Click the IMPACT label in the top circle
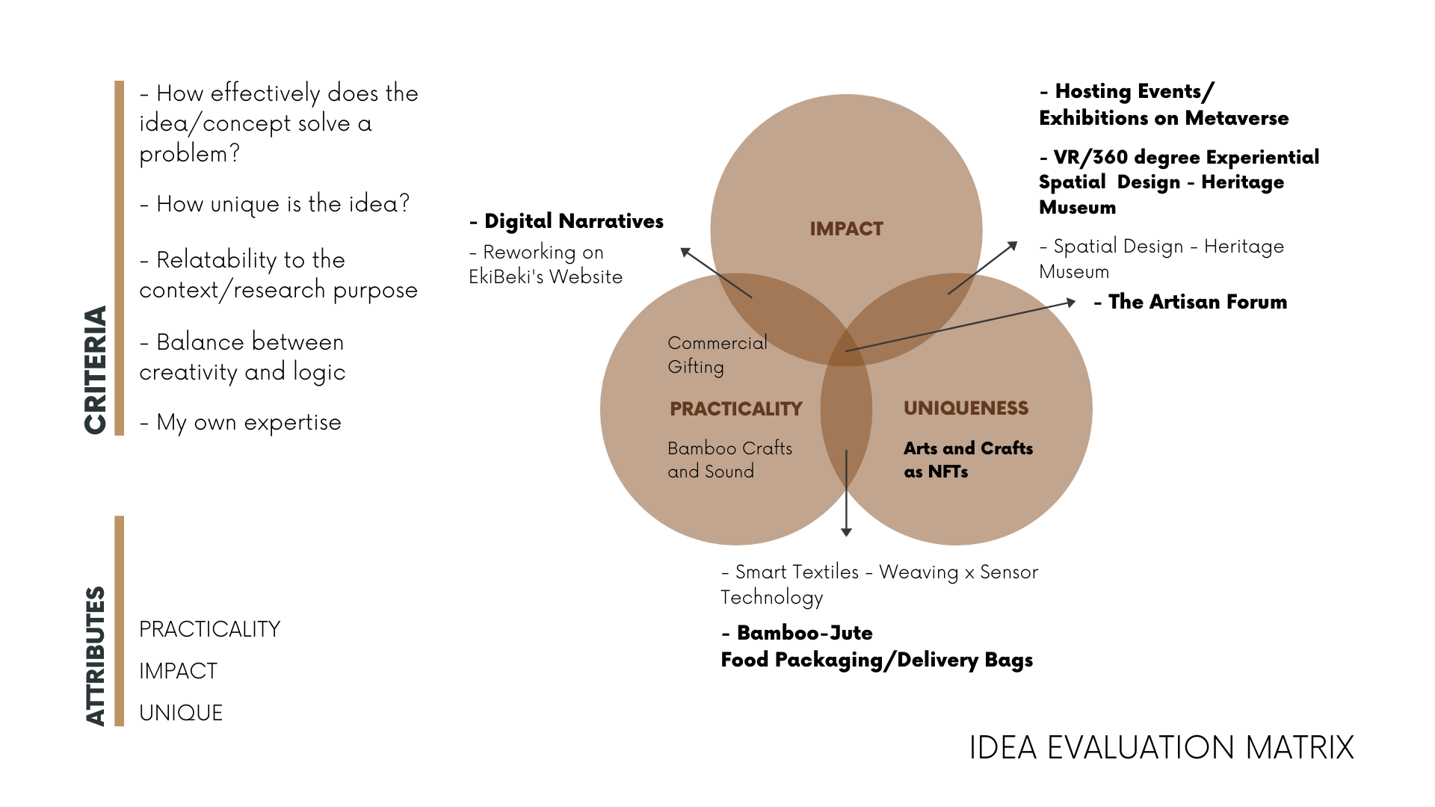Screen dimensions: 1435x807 click(846, 229)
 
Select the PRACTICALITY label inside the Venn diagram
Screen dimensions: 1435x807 click(735, 409)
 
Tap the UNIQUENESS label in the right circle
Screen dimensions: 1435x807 click(966, 408)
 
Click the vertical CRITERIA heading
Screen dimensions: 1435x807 click(96, 370)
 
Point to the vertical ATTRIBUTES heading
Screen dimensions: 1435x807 click(96, 656)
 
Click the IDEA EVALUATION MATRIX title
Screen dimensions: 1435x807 click(1161, 747)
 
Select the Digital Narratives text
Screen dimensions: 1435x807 click(567, 221)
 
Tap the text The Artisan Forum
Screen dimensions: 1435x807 click(1190, 302)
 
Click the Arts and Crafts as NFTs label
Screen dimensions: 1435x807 click(968, 460)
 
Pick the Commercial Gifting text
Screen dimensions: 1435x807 click(717, 354)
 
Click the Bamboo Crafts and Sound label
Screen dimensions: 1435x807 click(729, 460)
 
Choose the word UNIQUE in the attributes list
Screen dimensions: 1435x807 click(181, 713)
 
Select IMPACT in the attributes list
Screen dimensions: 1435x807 click(178, 671)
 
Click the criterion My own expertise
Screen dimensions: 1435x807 click(241, 422)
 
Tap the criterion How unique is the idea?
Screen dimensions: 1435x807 click(275, 203)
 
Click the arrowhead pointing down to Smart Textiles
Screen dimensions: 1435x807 click(846, 531)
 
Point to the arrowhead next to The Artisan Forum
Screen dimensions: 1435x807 click(1071, 302)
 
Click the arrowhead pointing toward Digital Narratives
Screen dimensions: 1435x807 click(685, 253)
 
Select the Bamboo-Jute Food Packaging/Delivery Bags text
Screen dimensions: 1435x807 click(877, 646)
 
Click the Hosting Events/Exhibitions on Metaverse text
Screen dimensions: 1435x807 click(1163, 105)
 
